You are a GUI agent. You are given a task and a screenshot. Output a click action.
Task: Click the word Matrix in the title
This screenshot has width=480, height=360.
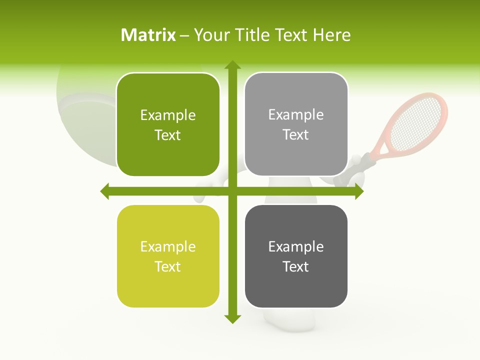(148, 35)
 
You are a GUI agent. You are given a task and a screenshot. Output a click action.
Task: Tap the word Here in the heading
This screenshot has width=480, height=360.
(331, 35)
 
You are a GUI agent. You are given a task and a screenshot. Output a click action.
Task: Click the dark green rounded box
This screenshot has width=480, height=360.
(168, 125)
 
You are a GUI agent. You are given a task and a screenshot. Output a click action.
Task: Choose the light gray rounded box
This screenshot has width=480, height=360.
(296, 124)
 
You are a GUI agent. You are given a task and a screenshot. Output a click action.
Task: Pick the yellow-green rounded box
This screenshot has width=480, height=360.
(168, 256)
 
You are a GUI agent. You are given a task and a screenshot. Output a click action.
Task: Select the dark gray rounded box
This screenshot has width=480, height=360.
(296, 256)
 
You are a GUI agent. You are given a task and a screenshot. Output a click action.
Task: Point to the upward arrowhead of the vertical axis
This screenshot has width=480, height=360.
(232, 65)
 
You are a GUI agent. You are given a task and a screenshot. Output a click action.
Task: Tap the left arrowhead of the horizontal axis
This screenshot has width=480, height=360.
(105, 191)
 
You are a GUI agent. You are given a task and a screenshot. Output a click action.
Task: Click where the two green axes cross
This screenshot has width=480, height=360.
(232, 191)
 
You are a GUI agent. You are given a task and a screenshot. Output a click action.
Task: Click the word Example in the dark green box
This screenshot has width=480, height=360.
(168, 115)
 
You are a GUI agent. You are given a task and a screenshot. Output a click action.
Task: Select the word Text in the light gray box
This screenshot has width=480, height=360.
(296, 135)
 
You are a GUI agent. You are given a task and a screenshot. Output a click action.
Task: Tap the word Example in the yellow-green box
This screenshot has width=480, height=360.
(168, 247)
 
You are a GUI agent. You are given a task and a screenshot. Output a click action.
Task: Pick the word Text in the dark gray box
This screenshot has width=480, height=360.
(296, 267)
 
